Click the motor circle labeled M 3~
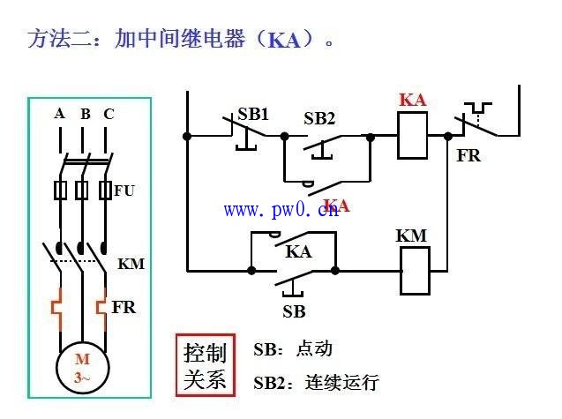pos(82,369)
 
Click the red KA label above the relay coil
pos(412,100)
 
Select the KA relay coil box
pos(412,136)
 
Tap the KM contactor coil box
pos(414,269)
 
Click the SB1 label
pos(253,115)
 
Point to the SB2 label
pos(319,117)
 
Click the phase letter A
pos(60,114)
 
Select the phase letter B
pos(86,114)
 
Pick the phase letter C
pos(109,114)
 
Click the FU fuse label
pos(124,190)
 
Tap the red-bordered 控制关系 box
pos(205,366)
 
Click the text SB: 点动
pos(293,349)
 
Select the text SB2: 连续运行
pos(316,383)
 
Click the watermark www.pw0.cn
pos(287,210)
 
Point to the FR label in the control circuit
pos(468,155)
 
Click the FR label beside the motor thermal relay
pos(124,308)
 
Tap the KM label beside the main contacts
pos(131,264)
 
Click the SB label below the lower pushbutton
pos(294,311)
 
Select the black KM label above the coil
pos(411,236)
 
